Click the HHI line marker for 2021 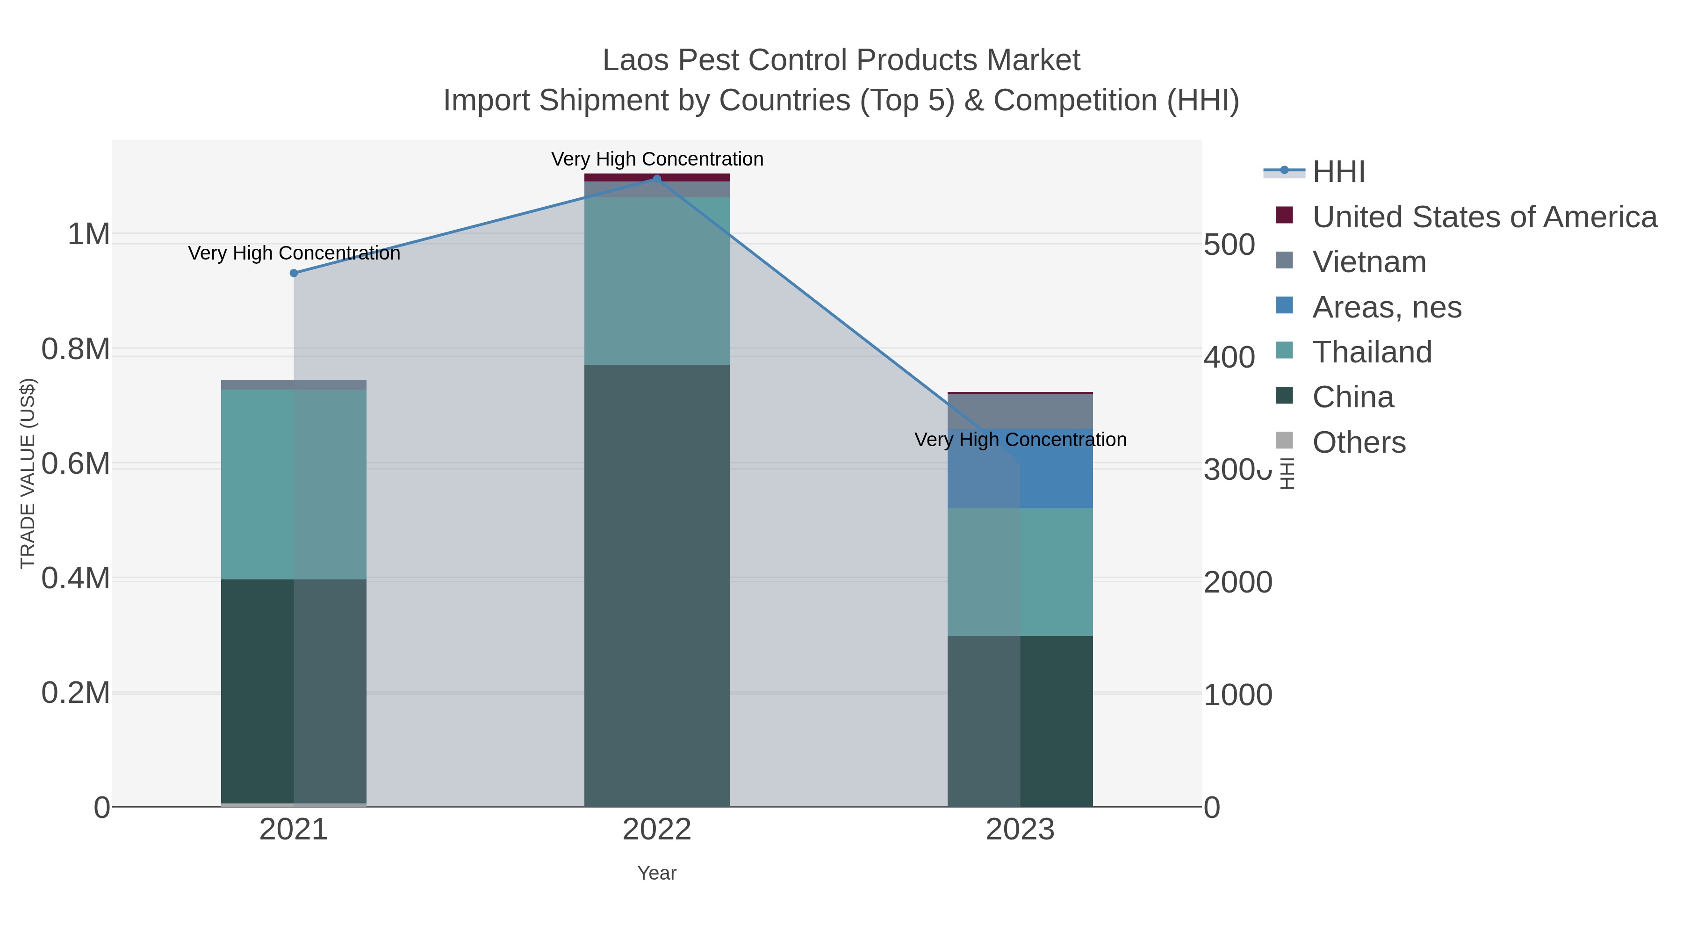[x=294, y=273]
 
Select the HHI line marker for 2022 [x=657, y=179]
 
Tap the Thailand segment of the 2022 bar [x=657, y=281]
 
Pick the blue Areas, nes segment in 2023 [x=1057, y=469]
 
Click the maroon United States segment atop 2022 [x=657, y=177]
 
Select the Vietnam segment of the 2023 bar [x=1020, y=411]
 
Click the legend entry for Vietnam [x=1369, y=262]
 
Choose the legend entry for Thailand [x=1372, y=352]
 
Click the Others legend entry [x=1359, y=442]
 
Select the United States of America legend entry [x=1484, y=217]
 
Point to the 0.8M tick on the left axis [x=76, y=349]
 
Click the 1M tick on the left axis [x=89, y=234]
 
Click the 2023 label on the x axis [x=1020, y=830]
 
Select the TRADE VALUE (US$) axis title [x=28, y=473]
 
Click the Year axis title [x=657, y=873]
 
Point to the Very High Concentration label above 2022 [x=657, y=159]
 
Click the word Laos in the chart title [x=636, y=60]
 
